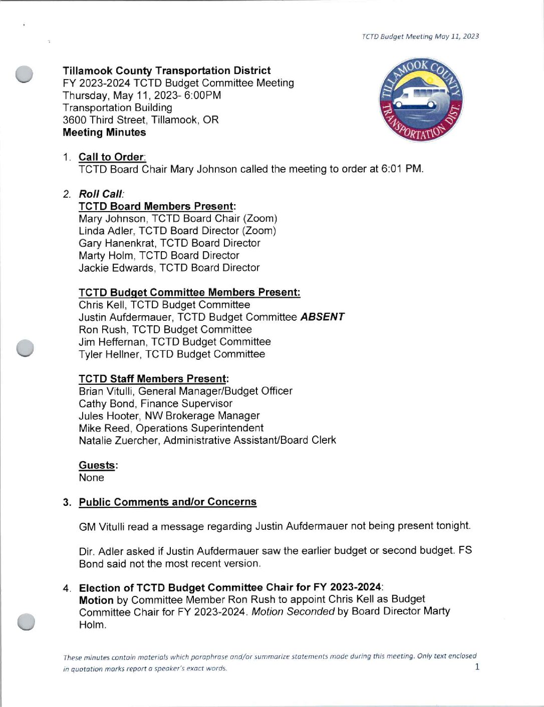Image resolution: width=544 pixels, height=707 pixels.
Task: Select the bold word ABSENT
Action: pos(322,317)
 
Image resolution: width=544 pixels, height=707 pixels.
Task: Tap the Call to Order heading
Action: pos(112,157)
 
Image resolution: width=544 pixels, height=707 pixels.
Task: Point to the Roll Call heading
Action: pos(101,194)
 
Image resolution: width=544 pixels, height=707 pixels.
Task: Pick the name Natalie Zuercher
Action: pos(118,440)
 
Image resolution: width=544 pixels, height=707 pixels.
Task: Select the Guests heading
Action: pos(98,465)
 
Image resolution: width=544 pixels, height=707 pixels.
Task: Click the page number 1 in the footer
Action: pos(477,666)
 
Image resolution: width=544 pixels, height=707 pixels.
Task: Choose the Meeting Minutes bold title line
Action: pos(104,133)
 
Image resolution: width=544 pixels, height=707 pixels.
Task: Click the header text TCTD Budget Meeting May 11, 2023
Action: pos(420,37)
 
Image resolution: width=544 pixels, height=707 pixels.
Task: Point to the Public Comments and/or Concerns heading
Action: pos(167,502)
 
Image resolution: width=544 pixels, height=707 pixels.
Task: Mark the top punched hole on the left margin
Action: pos(24,74)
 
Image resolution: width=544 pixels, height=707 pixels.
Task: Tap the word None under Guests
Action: pos(91,478)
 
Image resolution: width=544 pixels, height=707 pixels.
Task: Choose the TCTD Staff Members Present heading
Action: pos(153,379)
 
